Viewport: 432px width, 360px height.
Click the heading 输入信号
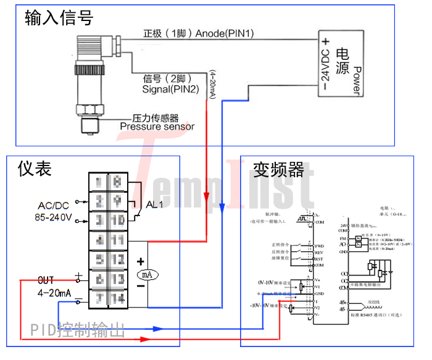tap(59, 19)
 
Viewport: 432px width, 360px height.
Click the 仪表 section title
tap(35, 168)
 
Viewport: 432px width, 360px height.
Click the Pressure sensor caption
tap(157, 127)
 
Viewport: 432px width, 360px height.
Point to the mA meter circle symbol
tap(144, 274)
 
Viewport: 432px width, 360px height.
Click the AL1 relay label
tap(154, 205)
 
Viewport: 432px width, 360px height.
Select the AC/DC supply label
tap(53, 205)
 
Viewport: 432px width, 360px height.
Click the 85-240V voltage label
tap(53, 217)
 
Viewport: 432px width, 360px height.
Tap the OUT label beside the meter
tap(47, 280)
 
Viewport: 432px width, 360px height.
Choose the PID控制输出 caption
tap(78, 330)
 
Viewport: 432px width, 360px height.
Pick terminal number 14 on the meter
tap(117, 299)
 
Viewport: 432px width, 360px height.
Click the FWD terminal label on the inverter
tap(320, 246)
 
